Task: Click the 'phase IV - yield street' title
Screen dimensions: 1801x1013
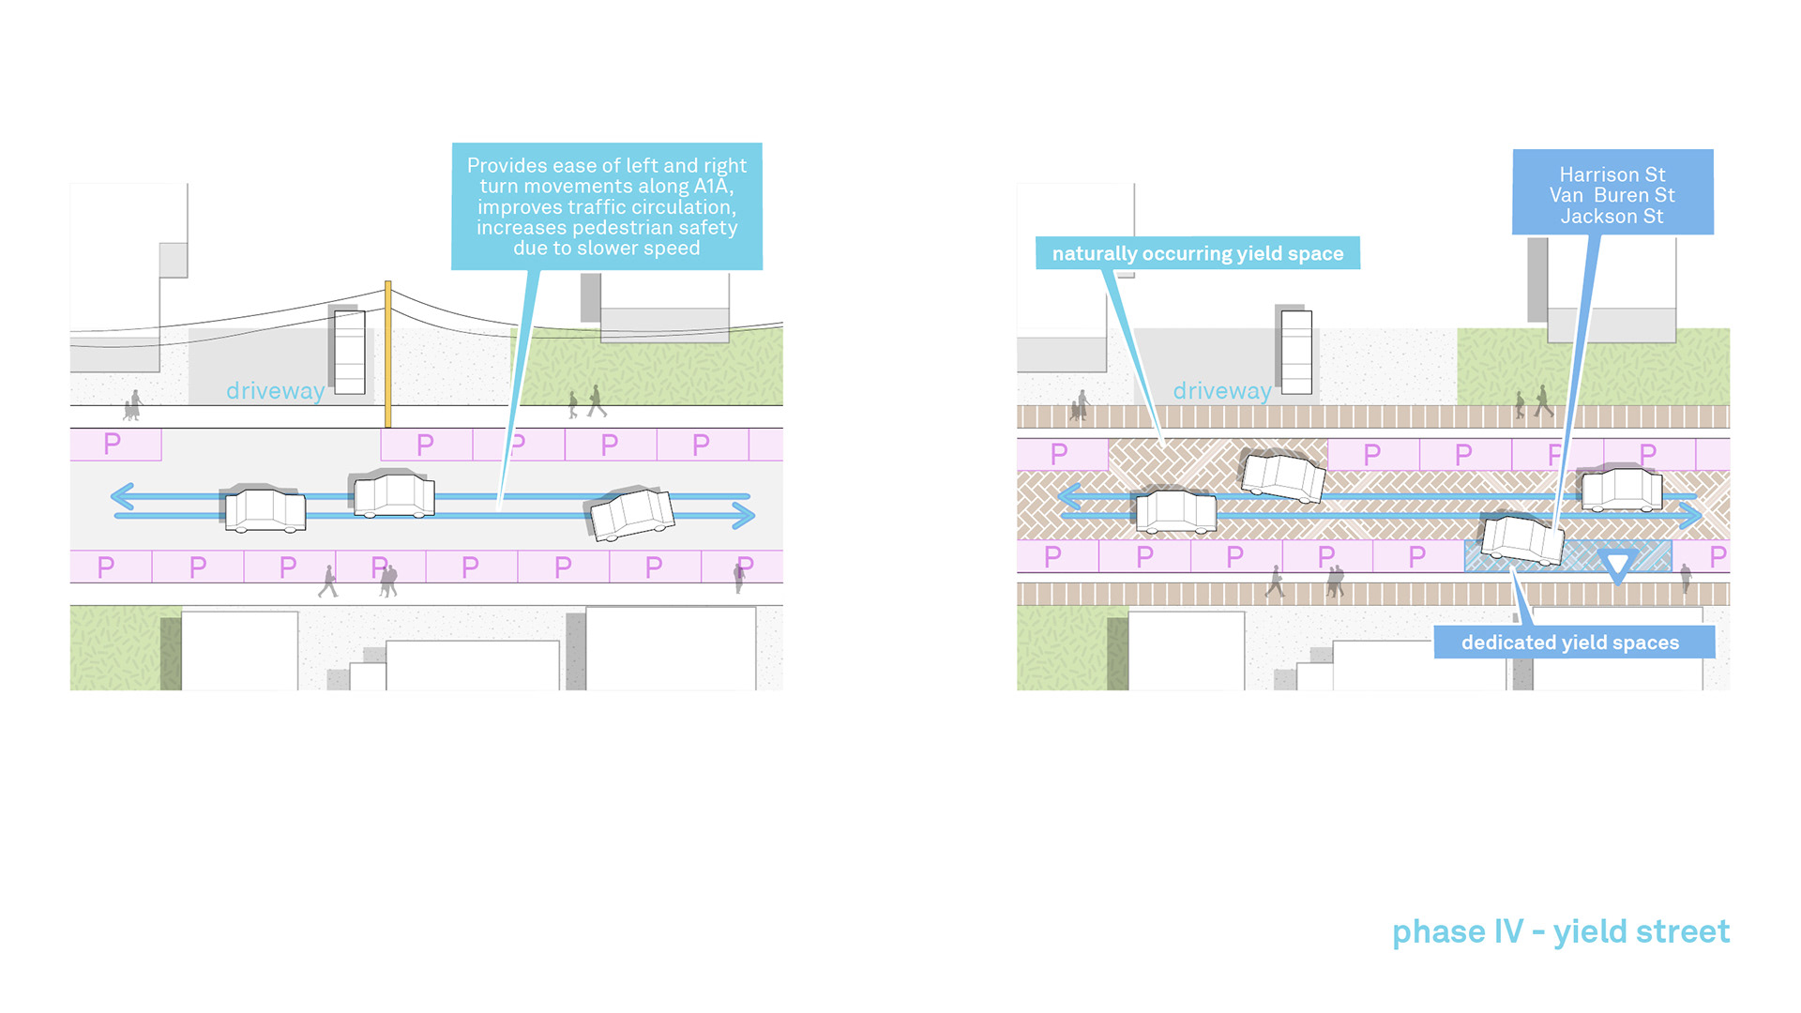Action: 1561,932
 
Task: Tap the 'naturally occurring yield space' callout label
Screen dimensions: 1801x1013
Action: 1198,253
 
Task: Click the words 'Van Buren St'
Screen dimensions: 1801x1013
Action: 1612,195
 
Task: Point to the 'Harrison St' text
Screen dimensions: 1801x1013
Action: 1612,174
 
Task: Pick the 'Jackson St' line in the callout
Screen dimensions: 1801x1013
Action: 1612,216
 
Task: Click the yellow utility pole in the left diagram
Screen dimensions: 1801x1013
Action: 387,354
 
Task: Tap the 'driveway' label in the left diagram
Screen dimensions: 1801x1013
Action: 276,390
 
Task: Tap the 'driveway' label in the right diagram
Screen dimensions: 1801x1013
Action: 1222,390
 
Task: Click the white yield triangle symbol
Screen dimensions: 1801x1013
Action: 1617,565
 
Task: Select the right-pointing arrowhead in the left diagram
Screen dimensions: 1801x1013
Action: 744,515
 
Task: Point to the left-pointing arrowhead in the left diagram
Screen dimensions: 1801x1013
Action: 122,496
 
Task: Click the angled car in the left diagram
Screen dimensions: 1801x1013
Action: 630,513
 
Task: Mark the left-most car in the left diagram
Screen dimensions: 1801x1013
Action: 264,509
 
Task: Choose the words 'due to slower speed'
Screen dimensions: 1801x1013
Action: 607,249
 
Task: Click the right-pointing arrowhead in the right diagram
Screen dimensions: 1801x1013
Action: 1691,515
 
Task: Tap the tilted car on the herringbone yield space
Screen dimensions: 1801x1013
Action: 1282,475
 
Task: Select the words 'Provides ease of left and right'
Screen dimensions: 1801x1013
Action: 607,166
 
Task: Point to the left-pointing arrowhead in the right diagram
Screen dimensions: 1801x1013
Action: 1069,496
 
